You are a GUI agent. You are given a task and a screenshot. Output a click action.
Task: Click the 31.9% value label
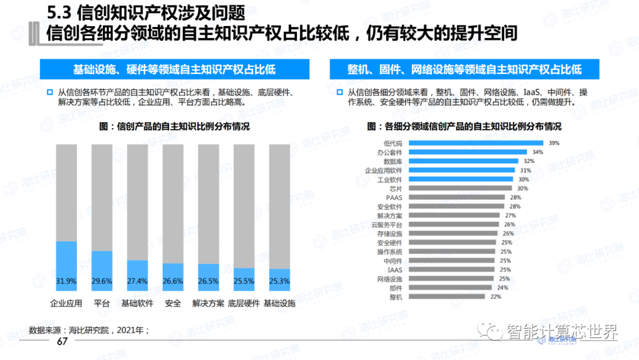[66, 281]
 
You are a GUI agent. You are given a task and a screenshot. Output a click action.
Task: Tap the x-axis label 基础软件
[137, 304]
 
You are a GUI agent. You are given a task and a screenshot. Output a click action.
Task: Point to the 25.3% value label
[279, 281]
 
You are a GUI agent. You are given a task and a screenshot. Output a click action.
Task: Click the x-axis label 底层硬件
[244, 304]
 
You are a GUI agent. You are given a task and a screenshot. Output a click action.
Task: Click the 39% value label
[554, 143]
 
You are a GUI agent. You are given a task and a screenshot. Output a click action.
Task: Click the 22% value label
[495, 297]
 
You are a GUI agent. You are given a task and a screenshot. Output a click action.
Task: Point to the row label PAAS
[394, 197]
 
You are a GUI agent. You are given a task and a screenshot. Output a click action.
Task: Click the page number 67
[62, 342]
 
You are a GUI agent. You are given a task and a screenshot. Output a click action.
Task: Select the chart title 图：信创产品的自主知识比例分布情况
[175, 127]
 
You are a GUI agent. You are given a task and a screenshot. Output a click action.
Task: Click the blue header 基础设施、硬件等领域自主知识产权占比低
[175, 69]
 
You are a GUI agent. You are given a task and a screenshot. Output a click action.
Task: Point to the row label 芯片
[396, 188]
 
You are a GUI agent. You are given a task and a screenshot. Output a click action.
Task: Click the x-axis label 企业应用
[66, 304]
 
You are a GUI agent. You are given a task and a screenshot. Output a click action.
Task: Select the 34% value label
[537, 152]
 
